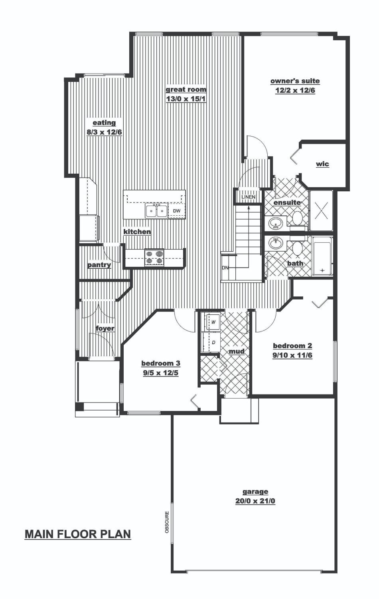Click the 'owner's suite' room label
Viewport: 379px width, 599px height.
[295, 81]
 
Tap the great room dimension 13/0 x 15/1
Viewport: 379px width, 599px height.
[186, 98]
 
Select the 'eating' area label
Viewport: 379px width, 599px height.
[104, 123]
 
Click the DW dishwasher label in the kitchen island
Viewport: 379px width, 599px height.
[177, 211]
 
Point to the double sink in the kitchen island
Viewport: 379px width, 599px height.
[156, 210]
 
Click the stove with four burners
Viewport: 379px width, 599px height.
[154, 258]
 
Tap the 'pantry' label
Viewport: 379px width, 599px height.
[99, 265]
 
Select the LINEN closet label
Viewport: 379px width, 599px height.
[249, 197]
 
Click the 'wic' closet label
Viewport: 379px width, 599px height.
[322, 164]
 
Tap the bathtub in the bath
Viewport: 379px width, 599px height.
[322, 256]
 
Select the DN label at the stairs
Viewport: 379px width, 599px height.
[225, 268]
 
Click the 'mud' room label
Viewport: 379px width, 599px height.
[237, 351]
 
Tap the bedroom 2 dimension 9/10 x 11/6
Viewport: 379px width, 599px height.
[292, 355]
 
